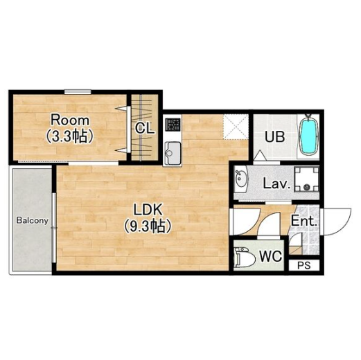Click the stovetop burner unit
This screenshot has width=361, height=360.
[173, 125]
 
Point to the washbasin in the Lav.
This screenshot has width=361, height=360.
[240, 179]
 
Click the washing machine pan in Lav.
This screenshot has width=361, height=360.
[306, 179]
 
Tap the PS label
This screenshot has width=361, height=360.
[304, 266]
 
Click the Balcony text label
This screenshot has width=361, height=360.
[33, 221]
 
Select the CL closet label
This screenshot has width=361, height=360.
[144, 128]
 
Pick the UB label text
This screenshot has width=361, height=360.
[274, 136]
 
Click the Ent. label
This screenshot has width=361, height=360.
[303, 221]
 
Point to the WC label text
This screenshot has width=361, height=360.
[270, 256]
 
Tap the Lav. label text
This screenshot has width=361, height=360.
[276, 184]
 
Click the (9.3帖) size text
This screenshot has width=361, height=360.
[148, 226]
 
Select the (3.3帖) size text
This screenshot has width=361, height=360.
[70, 136]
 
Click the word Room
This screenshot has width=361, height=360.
[70, 120]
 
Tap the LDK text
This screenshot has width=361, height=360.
[148, 209]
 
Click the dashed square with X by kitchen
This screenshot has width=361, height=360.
[236, 127]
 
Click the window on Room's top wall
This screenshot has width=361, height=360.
[78, 92]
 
